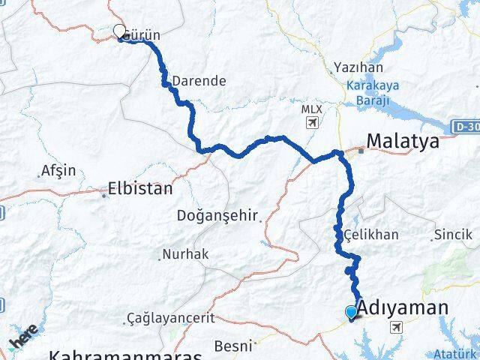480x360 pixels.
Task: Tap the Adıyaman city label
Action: (403, 307)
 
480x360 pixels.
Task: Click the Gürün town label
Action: (142, 35)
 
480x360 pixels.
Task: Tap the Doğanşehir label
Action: (217, 216)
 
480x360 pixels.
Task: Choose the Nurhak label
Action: (185, 254)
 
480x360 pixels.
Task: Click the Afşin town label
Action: (59, 170)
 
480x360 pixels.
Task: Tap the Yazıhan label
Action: (352, 67)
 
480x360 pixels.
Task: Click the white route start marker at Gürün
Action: (119, 31)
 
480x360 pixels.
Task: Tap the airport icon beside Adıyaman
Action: (396, 326)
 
